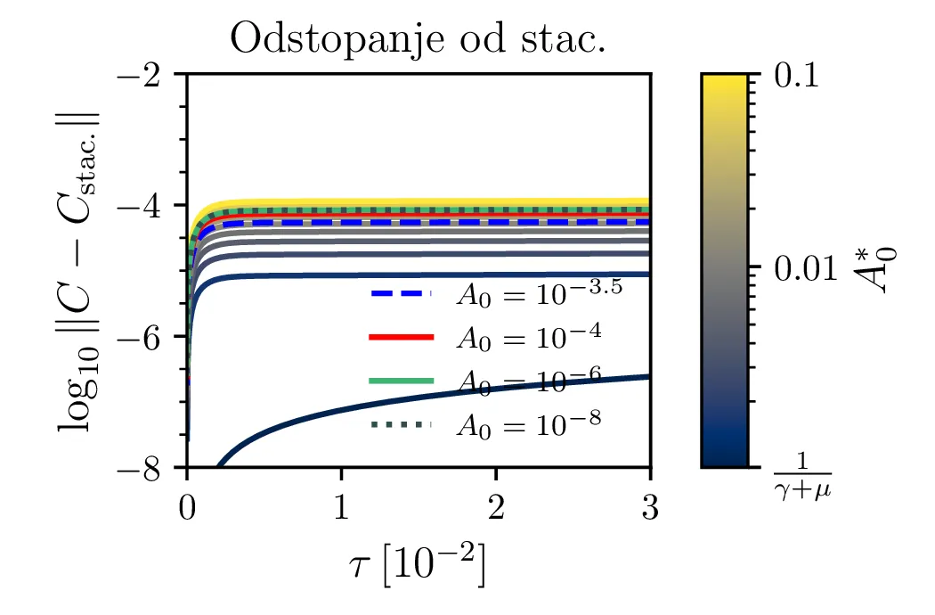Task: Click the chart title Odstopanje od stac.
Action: [x=418, y=40]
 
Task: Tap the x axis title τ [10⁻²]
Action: [x=419, y=565]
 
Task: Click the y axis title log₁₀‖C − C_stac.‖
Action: [x=79, y=271]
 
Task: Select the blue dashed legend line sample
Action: [x=401, y=292]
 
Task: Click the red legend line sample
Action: [x=401, y=337]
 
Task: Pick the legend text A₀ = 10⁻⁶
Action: [x=529, y=380]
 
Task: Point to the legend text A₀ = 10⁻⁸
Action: [x=529, y=424]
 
